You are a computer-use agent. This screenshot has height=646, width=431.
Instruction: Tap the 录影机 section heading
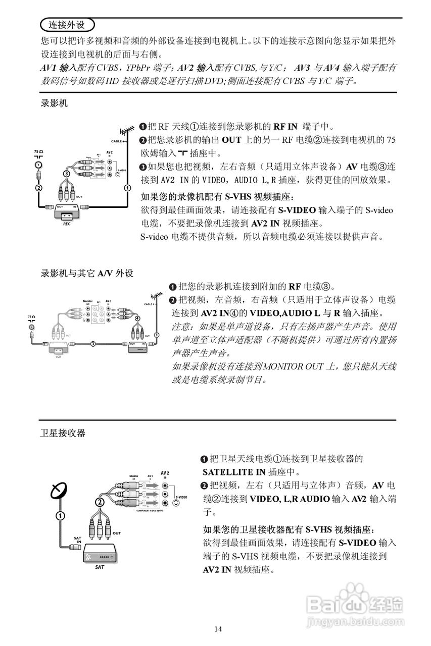pos(54,104)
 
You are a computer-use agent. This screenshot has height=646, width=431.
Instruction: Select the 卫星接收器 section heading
pos(63,433)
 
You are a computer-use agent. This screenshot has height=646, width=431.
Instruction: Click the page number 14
pos(218,629)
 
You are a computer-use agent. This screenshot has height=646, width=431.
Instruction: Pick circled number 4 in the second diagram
pos(138,318)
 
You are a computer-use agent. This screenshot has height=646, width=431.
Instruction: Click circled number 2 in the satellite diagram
pos(100,502)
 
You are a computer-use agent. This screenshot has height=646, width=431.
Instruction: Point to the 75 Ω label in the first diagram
pos(38,151)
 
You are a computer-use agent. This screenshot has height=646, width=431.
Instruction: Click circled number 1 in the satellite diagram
pos(60,516)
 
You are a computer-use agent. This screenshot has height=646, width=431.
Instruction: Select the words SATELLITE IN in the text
pos(233,472)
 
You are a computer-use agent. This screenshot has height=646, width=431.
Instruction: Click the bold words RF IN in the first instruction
pos(286,126)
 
